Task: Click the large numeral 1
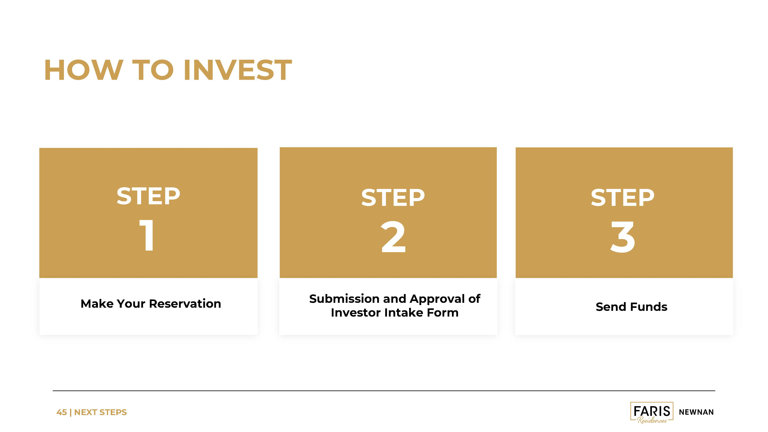(x=147, y=235)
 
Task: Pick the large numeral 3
(x=623, y=237)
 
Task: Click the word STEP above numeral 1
(x=148, y=196)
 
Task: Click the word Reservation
(x=185, y=304)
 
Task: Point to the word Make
(x=97, y=304)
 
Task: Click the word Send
(x=611, y=307)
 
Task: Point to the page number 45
(x=61, y=412)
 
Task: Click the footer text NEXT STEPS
(x=100, y=412)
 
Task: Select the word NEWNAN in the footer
(x=696, y=412)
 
